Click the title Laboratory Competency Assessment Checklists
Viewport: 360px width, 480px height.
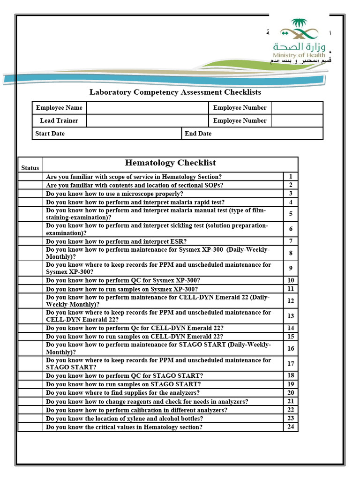(x=175, y=92)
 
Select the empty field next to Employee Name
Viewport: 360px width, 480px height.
(x=147, y=108)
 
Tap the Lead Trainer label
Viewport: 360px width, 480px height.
(x=59, y=121)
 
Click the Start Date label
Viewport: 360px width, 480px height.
(x=50, y=134)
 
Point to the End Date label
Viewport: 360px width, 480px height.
(x=198, y=134)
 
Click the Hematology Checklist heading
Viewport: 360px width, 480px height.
(x=170, y=163)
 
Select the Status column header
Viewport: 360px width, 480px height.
(x=30, y=168)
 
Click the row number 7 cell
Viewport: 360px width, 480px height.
(x=291, y=241)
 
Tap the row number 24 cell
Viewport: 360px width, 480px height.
(x=291, y=427)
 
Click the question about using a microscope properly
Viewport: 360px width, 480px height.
(x=114, y=194)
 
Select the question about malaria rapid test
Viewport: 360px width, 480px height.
(x=135, y=202)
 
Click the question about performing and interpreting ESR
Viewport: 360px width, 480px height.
(x=116, y=241)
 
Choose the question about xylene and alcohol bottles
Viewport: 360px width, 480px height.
(x=124, y=419)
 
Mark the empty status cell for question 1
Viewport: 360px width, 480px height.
(x=30, y=177)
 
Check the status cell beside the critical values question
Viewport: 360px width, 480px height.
(x=30, y=427)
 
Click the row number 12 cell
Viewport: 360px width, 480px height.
(x=291, y=301)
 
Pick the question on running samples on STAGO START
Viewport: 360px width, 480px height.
(x=123, y=384)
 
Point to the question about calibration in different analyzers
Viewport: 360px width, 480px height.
(x=136, y=410)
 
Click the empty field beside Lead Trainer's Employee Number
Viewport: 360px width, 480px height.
(x=297, y=121)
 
